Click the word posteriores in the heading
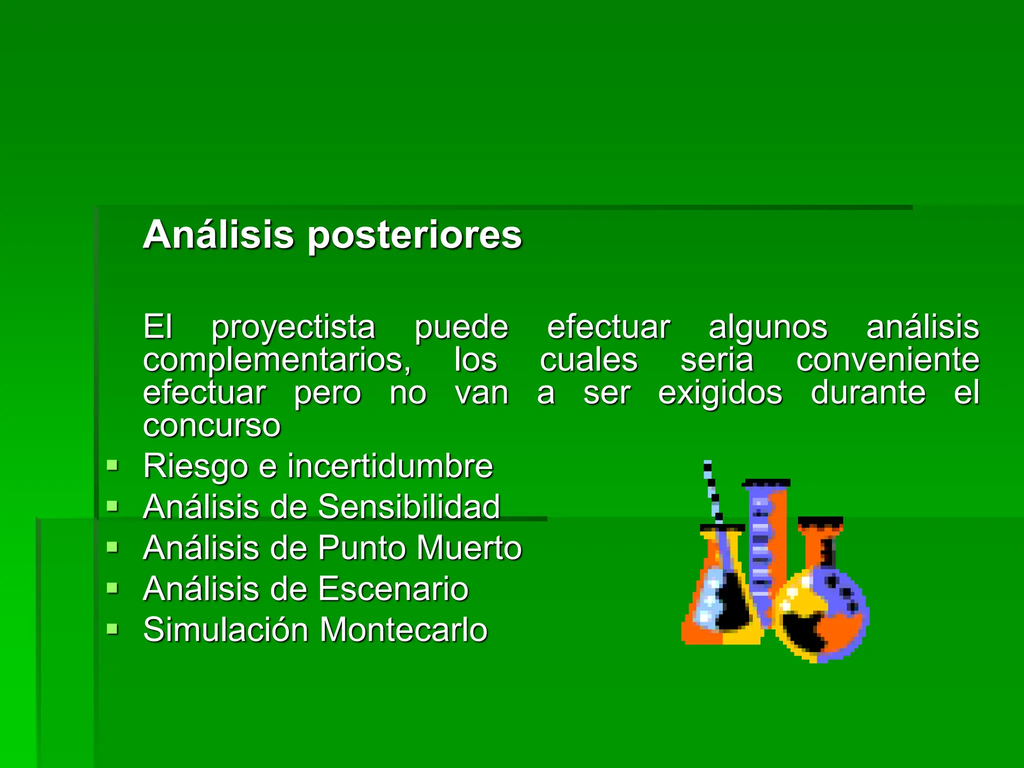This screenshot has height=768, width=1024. (414, 235)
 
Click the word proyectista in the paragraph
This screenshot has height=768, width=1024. (293, 327)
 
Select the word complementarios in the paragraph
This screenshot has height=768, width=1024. (276, 360)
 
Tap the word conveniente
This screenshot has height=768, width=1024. (887, 360)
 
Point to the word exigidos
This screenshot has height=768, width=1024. (720, 393)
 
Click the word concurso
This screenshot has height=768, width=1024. (212, 425)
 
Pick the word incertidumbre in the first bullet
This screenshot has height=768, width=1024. (390, 466)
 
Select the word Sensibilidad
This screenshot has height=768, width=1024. (409, 506)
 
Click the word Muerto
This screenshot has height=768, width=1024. (469, 547)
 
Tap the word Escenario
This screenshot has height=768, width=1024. (393, 588)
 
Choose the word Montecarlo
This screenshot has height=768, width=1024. (403, 629)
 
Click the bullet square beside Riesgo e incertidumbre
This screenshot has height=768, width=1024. (112, 466)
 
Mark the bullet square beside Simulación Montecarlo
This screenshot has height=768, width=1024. (112, 628)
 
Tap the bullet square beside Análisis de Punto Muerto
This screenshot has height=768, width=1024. (112, 547)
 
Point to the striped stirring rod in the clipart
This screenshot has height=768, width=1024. (712, 492)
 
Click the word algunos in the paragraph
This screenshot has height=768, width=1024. (768, 327)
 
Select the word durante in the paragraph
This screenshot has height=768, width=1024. (868, 393)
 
